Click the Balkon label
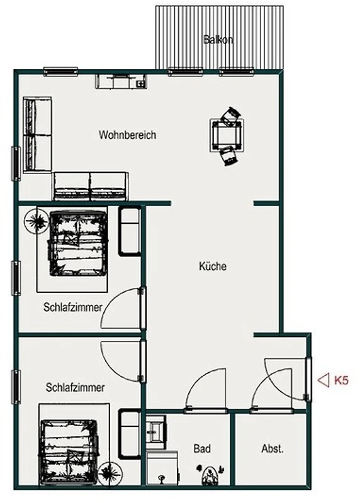[218, 40]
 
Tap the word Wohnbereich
[128, 135]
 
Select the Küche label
[213, 266]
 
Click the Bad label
[202, 448]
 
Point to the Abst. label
[273, 448]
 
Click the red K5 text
[341, 380]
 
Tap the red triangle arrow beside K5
[323, 380]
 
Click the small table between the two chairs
[227, 135]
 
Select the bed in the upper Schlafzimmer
[77, 243]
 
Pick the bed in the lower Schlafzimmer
[69, 451]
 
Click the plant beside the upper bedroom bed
[37, 221]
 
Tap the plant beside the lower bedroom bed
[110, 473]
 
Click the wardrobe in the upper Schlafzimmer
[130, 231]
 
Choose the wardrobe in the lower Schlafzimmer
[130, 434]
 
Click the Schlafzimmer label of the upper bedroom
[73, 307]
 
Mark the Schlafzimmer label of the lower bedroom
[75, 387]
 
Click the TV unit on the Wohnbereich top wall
[121, 82]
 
